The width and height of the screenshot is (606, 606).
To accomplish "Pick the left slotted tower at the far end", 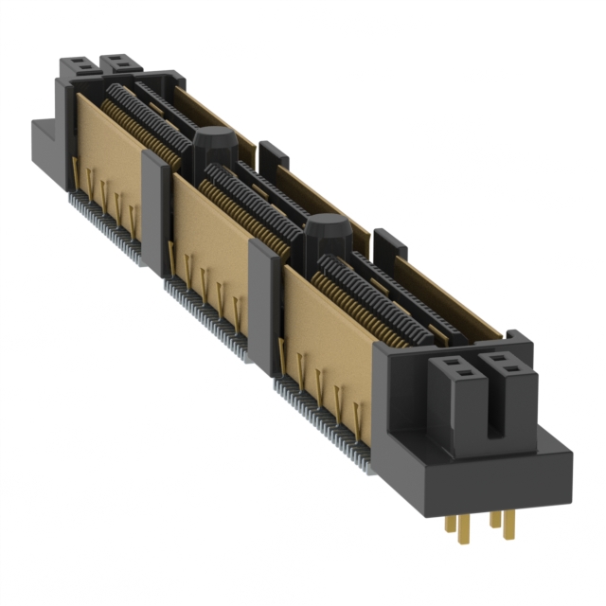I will [x=78, y=67].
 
